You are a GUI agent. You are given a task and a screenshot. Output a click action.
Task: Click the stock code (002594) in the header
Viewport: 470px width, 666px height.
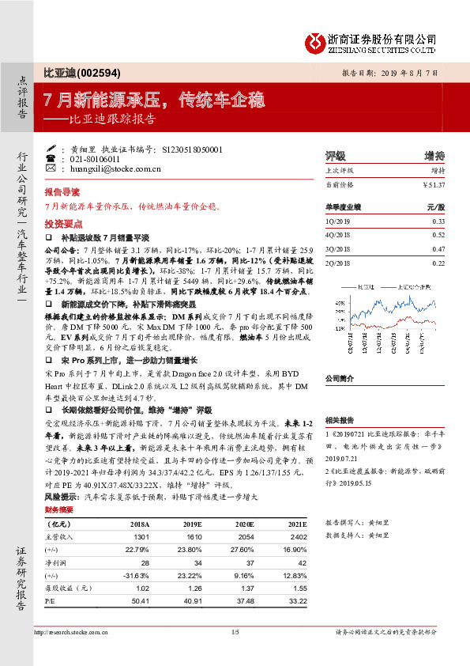[97, 73]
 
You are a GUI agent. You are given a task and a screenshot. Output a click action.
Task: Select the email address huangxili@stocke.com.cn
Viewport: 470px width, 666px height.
[111, 169]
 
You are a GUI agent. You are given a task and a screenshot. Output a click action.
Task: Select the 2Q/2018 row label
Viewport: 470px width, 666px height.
[339, 263]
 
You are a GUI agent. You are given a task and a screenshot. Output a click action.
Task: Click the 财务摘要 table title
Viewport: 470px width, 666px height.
[59, 510]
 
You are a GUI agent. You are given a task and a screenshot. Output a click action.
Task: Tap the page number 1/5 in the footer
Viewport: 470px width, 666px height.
[235, 631]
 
